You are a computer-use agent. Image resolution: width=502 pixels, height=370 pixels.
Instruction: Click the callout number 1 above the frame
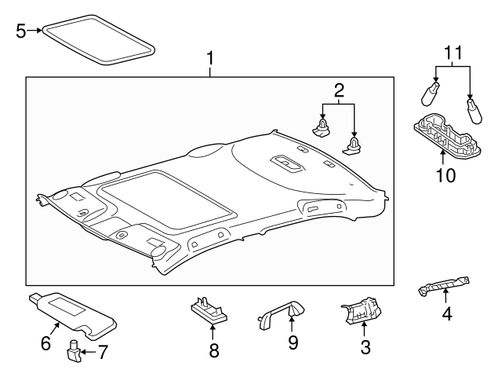point(209,58)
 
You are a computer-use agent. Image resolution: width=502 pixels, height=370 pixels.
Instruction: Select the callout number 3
point(364,344)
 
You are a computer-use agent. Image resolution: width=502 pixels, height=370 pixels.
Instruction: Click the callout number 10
point(445,174)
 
